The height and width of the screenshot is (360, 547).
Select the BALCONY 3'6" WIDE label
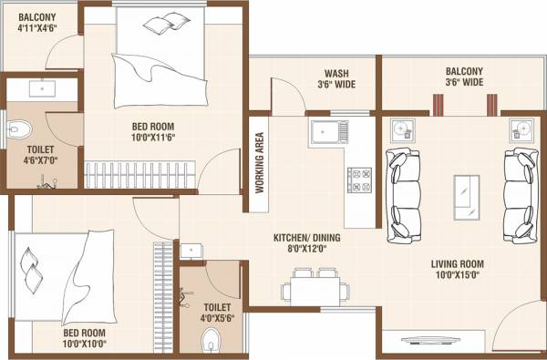(x=464, y=77)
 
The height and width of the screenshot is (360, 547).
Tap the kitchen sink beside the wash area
(x=329, y=135)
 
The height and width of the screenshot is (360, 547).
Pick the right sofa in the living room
(x=521, y=194)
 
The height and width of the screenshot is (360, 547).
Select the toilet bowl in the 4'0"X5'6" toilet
(x=212, y=342)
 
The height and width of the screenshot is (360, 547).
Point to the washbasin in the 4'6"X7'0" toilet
(x=43, y=89)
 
